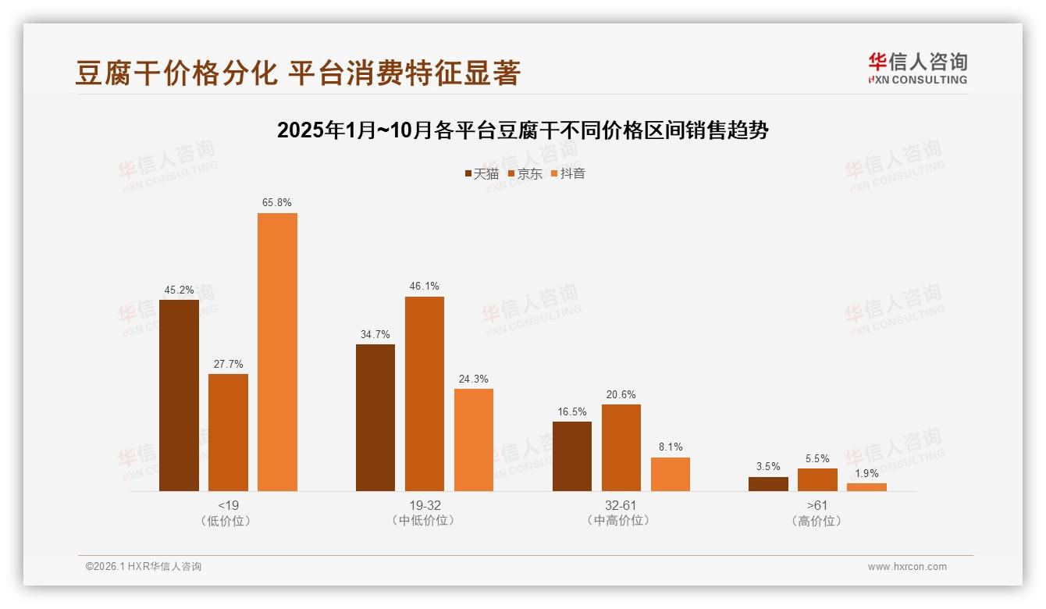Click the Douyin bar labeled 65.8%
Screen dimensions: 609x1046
pos(277,351)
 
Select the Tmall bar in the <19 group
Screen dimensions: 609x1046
pos(179,395)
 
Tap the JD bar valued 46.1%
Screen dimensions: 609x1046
pos(424,394)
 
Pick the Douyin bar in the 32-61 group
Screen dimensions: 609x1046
pos(670,474)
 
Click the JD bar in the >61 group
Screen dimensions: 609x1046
pos(817,479)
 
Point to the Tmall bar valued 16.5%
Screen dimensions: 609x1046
pos(572,456)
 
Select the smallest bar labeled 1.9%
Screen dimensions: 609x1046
pos(866,487)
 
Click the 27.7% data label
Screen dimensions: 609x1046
pos(228,364)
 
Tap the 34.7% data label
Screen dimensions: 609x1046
pos(375,334)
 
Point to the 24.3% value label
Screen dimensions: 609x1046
pos(474,379)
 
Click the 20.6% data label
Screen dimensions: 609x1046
pos(621,394)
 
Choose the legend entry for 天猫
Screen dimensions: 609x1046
pos(482,174)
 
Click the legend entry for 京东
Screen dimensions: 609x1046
pos(525,174)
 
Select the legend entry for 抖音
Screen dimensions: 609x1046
pos(568,174)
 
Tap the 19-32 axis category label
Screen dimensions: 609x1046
pos(424,505)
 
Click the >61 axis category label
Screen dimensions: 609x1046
pos(817,505)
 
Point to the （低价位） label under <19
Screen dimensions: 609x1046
pos(227,521)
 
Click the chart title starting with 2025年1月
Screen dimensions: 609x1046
pos(523,130)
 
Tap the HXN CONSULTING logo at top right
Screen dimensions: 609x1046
pos(917,69)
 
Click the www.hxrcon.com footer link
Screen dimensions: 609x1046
pos(907,567)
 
